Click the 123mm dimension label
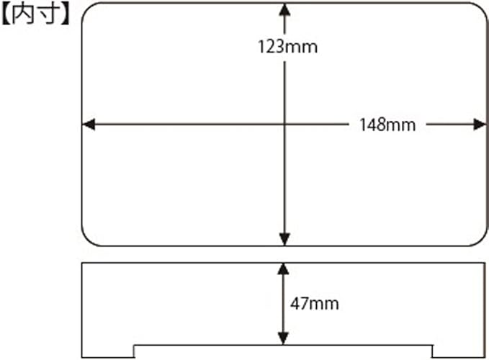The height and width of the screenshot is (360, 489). click(287, 48)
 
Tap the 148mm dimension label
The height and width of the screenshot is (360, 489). click(387, 125)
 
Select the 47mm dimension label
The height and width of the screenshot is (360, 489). click(315, 303)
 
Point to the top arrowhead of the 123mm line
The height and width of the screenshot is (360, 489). click(284, 9)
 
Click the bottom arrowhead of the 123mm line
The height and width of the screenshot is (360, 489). click(284, 239)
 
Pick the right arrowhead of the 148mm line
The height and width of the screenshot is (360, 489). click(480, 125)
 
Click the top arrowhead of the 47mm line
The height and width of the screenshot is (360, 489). click(283, 269)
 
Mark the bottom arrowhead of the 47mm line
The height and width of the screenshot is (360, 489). click(283, 338)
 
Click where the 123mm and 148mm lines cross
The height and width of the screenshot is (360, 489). click(284, 125)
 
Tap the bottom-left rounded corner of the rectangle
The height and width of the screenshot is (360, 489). click(88, 240)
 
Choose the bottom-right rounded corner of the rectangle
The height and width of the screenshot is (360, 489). click(481, 240)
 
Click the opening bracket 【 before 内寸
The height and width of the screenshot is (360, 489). click(9, 15)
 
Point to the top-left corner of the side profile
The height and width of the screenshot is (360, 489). click(82, 263)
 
